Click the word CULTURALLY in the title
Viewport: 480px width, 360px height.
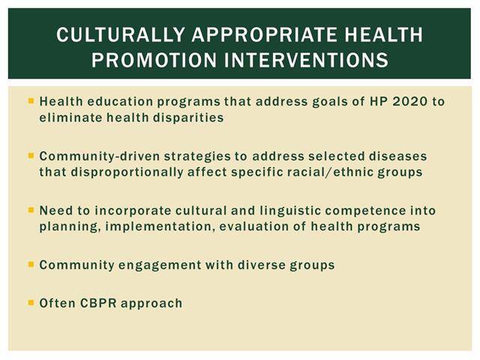click(121, 34)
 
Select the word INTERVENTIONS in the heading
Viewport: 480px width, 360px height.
click(307, 59)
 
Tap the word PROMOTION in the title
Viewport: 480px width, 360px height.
click(154, 59)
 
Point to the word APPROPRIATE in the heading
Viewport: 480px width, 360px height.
click(264, 34)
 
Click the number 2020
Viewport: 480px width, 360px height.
click(410, 101)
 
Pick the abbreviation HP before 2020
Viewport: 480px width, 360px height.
click(378, 101)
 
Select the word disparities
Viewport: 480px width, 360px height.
click(188, 118)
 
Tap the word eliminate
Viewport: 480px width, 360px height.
click(70, 118)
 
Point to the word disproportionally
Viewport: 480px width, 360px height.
click(127, 172)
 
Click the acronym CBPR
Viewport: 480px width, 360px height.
click(98, 303)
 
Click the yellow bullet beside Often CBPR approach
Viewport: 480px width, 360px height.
click(31, 303)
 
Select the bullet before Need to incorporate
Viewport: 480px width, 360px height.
click(31, 210)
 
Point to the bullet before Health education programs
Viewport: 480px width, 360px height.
click(31, 100)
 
